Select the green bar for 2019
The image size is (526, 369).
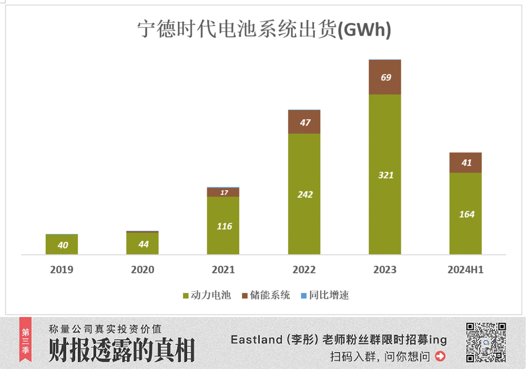(x=62, y=244)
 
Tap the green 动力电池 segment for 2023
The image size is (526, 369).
(x=385, y=175)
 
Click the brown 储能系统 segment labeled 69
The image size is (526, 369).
(x=385, y=77)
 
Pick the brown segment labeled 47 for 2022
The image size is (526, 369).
(x=304, y=122)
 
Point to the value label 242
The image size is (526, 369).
(x=304, y=194)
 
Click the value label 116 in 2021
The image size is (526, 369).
(x=224, y=227)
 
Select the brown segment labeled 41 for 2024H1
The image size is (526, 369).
(x=466, y=163)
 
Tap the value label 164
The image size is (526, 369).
(x=466, y=214)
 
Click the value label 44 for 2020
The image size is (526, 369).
(x=143, y=244)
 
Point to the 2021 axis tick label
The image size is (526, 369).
(x=224, y=270)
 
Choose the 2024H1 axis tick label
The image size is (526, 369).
(x=466, y=270)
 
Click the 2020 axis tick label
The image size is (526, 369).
(x=143, y=270)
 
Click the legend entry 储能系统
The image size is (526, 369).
(x=266, y=295)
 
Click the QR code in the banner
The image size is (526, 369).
(x=486, y=342)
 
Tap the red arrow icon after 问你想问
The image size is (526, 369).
(x=440, y=356)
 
